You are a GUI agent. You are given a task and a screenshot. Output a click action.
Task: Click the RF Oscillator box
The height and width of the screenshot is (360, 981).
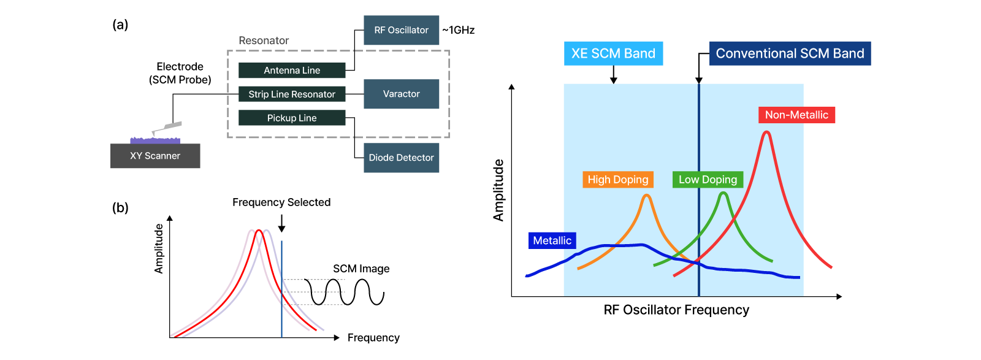click(401, 30)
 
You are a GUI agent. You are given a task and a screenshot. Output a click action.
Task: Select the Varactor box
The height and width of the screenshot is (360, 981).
click(401, 94)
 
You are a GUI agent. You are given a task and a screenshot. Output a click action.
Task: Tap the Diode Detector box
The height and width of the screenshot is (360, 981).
click(401, 158)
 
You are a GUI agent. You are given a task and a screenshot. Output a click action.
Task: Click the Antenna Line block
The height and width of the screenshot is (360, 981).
click(292, 71)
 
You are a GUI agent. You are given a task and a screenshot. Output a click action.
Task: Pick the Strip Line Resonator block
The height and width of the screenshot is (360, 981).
click(292, 94)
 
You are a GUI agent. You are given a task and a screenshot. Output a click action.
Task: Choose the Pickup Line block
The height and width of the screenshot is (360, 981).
click(292, 118)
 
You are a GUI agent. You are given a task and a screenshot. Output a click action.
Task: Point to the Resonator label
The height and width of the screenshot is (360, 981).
click(264, 40)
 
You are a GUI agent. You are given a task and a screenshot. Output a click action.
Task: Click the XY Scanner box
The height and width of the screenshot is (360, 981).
click(155, 156)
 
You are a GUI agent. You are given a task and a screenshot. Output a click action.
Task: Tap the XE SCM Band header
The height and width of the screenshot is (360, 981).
click(613, 53)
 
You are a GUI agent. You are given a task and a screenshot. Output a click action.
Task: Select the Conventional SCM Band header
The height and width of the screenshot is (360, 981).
click(790, 53)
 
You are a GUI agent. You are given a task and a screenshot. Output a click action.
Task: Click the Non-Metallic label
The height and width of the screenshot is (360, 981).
click(796, 115)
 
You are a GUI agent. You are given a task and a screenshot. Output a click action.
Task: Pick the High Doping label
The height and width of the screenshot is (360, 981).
click(617, 179)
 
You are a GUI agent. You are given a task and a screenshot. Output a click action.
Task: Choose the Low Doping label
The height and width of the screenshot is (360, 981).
click(708, 179)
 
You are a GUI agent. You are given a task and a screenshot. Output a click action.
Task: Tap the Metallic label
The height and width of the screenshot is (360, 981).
click(552, 240)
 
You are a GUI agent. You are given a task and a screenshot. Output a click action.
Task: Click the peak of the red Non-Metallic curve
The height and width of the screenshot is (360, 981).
click(766, 132)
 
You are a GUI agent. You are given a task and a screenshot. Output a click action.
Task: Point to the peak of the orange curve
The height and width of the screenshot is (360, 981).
click(647, 196)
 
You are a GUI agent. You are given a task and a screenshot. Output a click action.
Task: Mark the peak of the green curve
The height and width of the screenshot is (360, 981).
click(723, 194)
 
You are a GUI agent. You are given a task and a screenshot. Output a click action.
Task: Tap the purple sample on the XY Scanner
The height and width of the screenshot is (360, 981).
click(155, 140)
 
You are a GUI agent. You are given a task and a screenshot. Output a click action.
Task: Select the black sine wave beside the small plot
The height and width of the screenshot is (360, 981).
click(323, 291)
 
